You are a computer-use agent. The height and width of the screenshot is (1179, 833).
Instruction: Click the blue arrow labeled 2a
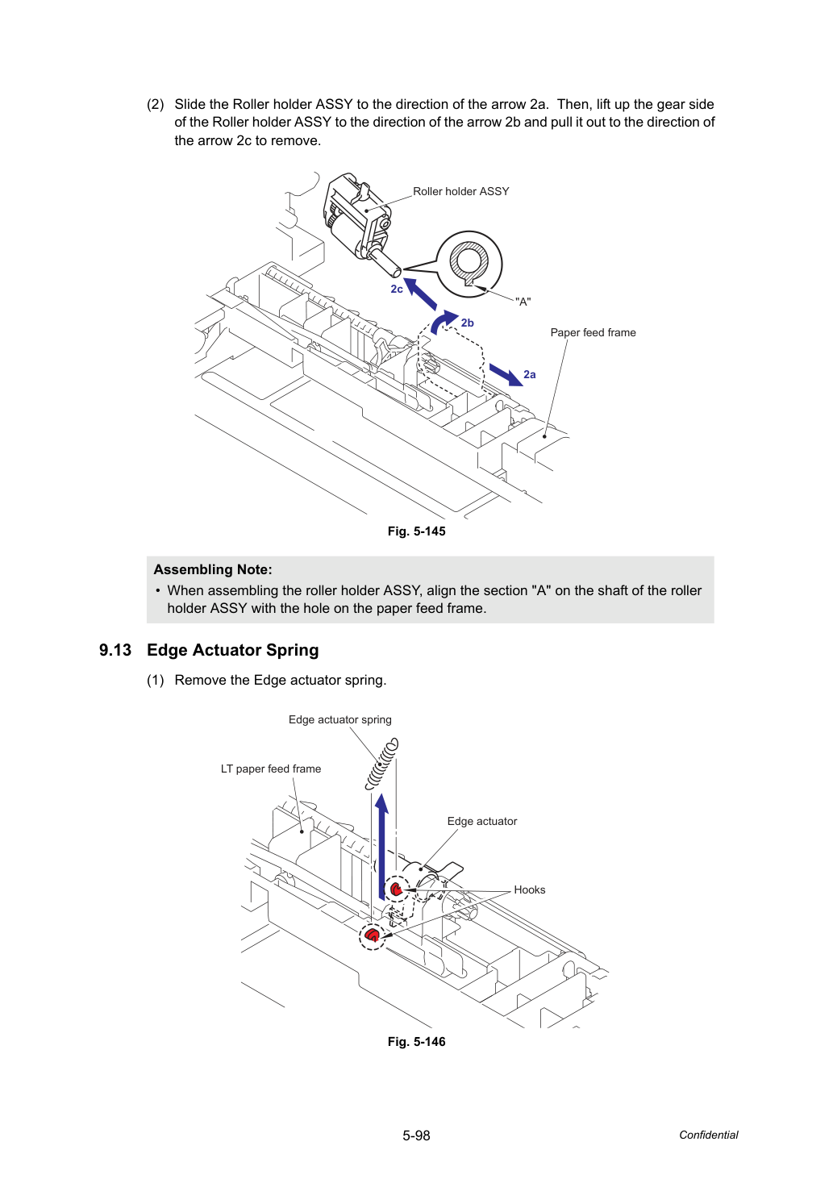[x=506, y=375]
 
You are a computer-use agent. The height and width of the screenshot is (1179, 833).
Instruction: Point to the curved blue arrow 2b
[x=441, y=320]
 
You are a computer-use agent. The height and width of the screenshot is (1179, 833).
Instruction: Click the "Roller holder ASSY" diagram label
[x=461, y=192]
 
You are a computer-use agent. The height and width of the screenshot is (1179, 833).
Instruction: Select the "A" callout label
[x=523, y=302]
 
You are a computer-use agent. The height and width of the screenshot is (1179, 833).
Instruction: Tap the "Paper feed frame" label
[x=593, y=332]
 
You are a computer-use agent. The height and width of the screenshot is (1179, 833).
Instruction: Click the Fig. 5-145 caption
[x=416, y=531]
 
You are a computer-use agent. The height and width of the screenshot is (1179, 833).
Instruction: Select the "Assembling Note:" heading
[x=213, y=569]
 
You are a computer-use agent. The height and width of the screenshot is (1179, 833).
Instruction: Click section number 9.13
[x=115, y=650]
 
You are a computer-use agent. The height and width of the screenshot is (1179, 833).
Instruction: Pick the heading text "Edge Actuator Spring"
[x=232, y=651]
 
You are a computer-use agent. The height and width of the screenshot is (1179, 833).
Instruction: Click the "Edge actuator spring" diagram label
[x=340, y=719]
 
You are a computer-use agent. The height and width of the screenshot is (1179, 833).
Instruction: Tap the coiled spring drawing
[x=382, y=763]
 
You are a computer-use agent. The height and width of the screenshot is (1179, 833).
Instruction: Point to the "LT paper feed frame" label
[x=270, y=769]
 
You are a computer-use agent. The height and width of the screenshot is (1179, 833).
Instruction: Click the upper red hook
[x=396, y=890]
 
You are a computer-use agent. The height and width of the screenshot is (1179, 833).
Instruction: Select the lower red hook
[x=372, y=935]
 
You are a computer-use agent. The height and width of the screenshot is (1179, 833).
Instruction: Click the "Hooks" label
[x=529, y=890]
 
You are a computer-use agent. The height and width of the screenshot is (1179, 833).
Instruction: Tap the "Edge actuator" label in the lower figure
[x=482, y=822]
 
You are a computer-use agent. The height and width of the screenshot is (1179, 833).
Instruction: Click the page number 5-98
[x=416, y=1135]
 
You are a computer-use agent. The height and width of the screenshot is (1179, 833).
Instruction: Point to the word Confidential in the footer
[x=708, y=1135]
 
